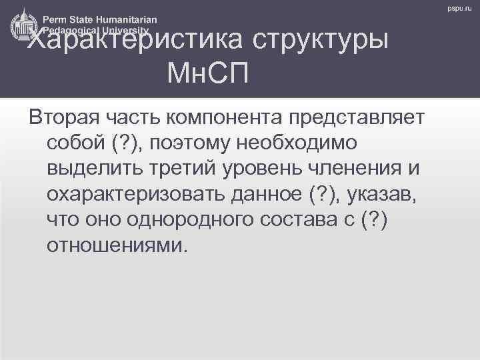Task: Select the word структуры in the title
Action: coord(321,42)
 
